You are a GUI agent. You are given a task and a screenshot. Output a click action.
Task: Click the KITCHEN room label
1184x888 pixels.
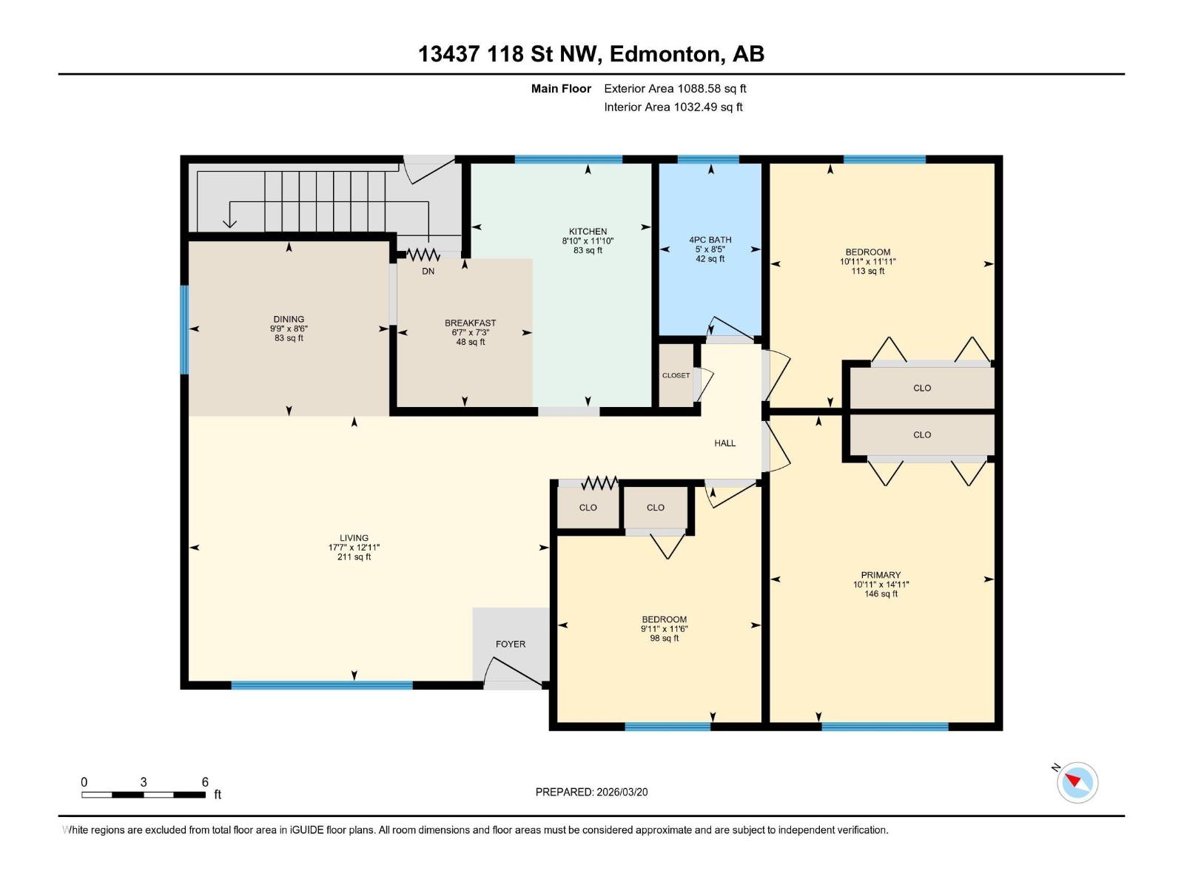(588, 232)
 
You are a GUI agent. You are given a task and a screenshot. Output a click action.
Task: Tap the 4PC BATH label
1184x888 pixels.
(710, 240)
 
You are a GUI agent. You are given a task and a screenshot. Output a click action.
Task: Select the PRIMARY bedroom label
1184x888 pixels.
(881, 575)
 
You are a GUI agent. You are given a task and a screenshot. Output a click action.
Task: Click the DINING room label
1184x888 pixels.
(289, 319)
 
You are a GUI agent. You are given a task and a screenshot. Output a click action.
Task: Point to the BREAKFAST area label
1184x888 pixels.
(470, 323)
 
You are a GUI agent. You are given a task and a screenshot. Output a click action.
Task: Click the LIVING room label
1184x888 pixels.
(354, 538)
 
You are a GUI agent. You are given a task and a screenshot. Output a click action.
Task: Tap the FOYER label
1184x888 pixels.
(511, 644)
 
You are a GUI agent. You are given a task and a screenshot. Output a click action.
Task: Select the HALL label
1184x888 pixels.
(724, 443)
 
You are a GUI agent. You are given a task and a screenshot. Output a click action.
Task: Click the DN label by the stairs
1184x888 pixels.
(428, 271)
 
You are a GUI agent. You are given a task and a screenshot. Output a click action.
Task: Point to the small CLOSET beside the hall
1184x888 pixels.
(676, 375)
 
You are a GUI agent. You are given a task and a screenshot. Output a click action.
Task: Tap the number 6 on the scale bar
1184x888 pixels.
(205, 782)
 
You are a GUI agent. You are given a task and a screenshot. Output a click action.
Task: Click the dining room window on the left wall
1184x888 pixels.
(184, 329)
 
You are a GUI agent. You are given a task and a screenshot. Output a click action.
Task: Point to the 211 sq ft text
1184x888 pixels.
(354, 557)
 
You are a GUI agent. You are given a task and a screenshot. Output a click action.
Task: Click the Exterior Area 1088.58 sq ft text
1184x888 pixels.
(675, 88)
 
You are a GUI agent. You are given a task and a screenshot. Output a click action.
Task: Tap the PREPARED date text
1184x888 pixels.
(591, 792)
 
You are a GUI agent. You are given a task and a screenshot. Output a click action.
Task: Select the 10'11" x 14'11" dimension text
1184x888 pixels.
(881, 585)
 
